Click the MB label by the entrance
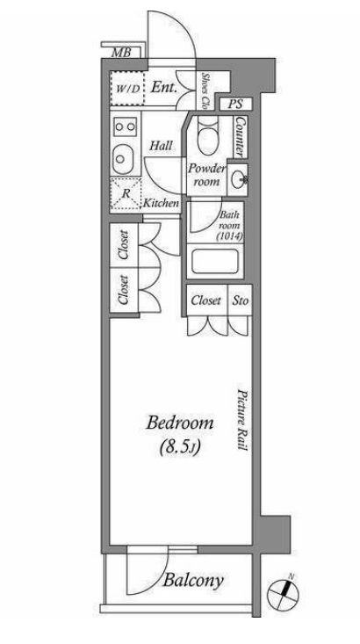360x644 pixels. point(121,53)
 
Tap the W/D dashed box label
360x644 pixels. point(127,89)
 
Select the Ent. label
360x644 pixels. point(164,87)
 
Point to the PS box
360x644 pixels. point(235,104)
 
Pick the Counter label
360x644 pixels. point(241,137)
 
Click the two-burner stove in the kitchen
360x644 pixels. point(125,127)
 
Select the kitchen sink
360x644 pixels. point(123,158)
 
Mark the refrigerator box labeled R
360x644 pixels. point(126,194)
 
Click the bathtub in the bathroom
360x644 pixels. point(215,261)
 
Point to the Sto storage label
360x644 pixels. point(241,300)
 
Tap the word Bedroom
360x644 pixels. point(180,423)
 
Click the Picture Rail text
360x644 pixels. point(241,419)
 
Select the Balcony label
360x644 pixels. point(194,581)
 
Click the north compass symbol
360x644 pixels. point(283,594)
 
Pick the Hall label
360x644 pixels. point(161,145)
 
